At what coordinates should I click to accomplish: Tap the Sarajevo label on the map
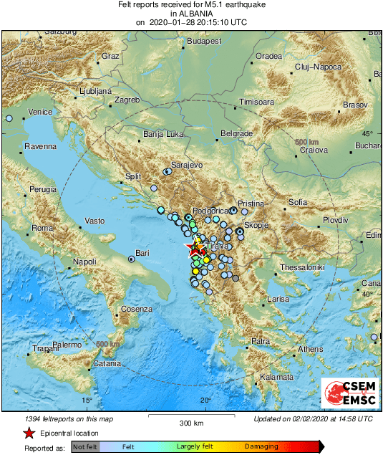pyautogui.click(x=188, y=165)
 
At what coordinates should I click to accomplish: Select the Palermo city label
pyautogui.click(x=67, y=345)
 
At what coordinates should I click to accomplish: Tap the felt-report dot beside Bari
pyautogui.click(x=131, y=259)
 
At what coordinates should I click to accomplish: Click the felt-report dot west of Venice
pyautogui.click(x=9, y=118)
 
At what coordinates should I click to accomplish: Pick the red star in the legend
pyautogui.click(x=29, y=433)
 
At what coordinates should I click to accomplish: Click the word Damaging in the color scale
pyautogui.click(x=262, y=446)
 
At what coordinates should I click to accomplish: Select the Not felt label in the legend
pyautogui.click(x=85, y=446)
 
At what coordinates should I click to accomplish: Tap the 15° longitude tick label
pyautogui.click(x=87, y=400)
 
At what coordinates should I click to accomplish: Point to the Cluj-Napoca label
pyautogui.click(x=319, y=67)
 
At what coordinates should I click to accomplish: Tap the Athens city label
pyautogui.click(x=310, y=349)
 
